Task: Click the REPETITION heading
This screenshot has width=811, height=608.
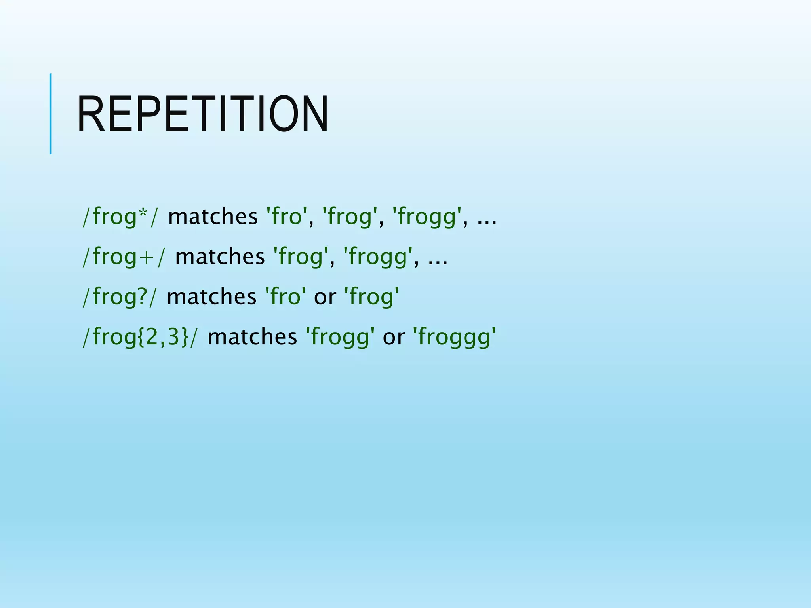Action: point(203,114)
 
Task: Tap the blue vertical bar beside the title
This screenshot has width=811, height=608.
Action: point(51,114)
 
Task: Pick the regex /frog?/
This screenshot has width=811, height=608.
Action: point(119,296)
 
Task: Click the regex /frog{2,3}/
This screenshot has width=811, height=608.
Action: point(139,337)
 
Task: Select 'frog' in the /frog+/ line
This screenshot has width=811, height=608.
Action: point(301,256)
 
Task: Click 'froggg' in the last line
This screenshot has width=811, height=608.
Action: point(454,337)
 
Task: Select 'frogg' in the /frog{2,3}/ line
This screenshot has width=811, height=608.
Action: point(340,337)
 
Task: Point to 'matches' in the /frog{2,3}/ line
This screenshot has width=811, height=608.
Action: point(252,337)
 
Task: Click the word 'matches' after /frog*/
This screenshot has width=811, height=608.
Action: point(213,217)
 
